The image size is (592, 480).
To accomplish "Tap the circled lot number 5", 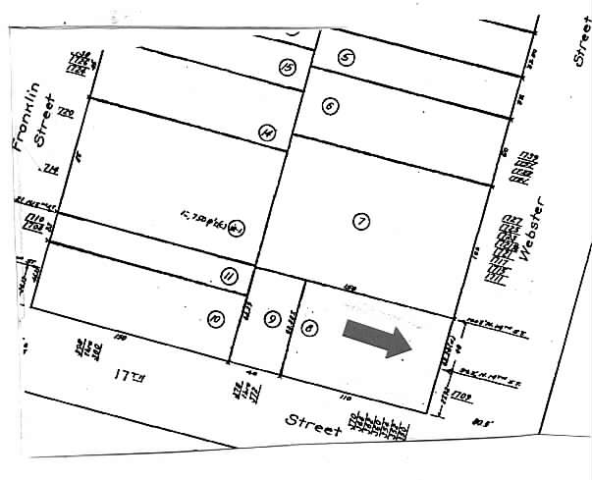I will point(346,57).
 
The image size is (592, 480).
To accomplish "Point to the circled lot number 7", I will point(361,222).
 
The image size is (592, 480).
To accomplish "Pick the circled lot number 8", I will point(311,329).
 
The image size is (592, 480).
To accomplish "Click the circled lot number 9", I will point(272,317).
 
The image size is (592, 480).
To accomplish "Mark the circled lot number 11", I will point(229,278).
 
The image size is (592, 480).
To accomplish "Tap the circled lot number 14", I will point(265,133).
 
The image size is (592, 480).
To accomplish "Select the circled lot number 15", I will point(287,67).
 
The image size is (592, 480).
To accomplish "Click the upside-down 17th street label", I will point(129,375).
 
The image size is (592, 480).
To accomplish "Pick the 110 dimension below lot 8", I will point(346,400).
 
